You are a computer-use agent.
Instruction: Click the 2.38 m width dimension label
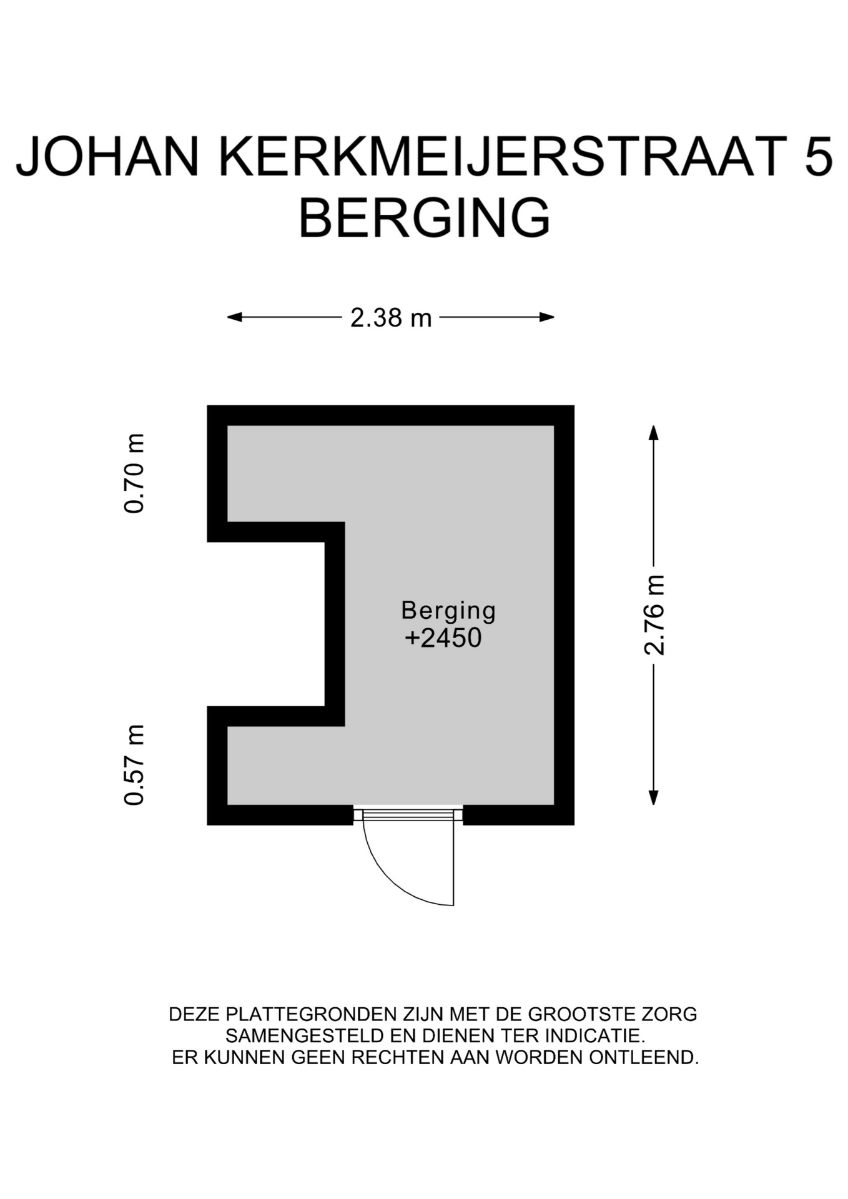point(391,318)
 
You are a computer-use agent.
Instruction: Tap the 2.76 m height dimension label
point(654,614)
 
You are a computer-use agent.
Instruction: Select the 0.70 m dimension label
point(134,473)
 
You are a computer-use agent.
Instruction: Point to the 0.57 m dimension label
point(134,765)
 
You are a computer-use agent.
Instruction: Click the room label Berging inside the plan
point(448,611)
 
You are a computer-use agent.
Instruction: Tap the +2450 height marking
point(443,638)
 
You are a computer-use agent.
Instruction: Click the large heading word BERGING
point(425,217)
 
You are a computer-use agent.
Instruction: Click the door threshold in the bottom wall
point(408,814)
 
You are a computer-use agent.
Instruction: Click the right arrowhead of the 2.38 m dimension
point(547,317)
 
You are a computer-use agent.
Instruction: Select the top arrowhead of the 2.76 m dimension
point(653,433)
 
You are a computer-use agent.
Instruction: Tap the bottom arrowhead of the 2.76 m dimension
point(653,797)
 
